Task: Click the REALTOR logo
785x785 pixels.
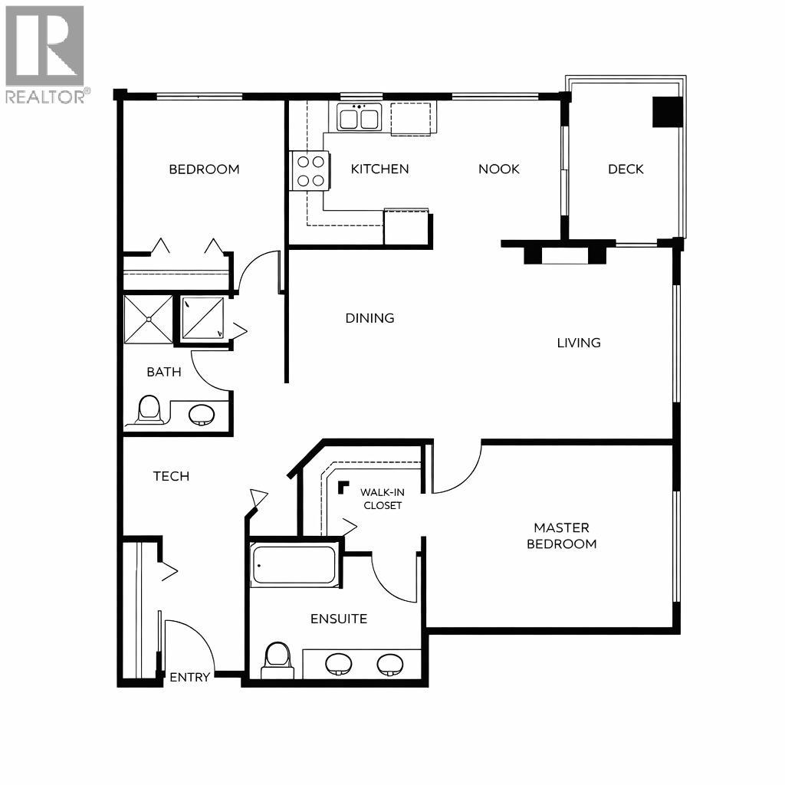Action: pos(45,54)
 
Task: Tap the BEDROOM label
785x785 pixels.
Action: pos(204,169)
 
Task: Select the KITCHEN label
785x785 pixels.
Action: pos(379,169)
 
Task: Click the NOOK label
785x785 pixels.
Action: pos(498,169)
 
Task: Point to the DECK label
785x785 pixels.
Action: pos(626,169)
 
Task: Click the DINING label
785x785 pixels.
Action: pos(370,318)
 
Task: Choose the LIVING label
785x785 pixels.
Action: pos(578,343)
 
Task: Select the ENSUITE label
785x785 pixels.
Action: pos(338,619)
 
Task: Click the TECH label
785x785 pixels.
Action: pos(171,476)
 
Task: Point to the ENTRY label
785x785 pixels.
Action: pos(189,678)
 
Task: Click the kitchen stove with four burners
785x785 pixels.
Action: pos(310,171)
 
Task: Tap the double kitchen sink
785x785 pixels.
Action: pos(359,119)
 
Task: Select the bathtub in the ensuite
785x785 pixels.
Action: pos(295,567)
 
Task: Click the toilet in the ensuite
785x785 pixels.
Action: pos(276,659)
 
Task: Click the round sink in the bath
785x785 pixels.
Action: pos(202,414)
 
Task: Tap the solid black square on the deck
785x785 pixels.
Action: pos(666,112)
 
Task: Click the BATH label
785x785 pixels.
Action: pos(164,373)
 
